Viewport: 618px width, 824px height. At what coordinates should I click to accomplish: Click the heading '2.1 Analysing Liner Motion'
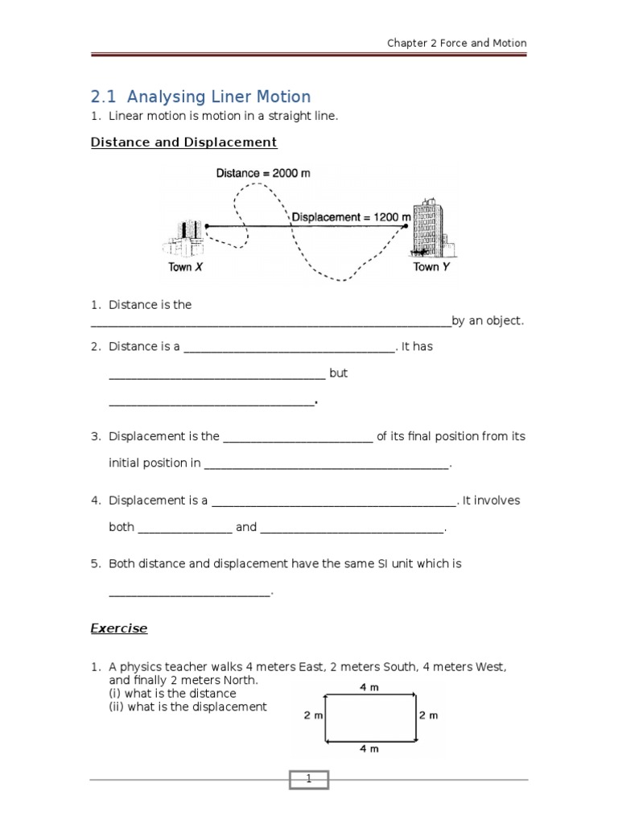coord(200,97)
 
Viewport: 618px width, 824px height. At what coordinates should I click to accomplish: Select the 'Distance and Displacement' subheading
coord(183,142)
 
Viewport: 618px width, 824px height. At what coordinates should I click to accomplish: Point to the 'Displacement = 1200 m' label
coord(351,217)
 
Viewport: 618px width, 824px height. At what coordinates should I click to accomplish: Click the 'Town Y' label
coord(431,267)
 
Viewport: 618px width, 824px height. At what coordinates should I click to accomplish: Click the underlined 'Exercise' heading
coord(118,628)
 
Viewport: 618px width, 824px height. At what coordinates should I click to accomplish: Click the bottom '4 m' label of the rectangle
coord(369,748)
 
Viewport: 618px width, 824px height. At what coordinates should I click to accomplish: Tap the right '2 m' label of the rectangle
coord(428,715)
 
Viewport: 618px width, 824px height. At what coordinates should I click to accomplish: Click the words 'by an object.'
coord(488,321)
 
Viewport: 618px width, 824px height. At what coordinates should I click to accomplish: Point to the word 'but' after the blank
coord(338,374)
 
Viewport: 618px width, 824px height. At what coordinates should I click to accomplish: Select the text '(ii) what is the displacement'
coord(187,707)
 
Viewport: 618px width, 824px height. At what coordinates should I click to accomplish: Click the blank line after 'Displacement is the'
coord(298,437)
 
